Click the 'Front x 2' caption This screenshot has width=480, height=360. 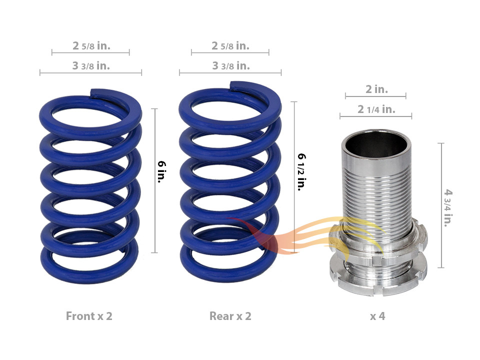pos(89,316)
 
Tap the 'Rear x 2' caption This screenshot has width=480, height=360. pos(230,316)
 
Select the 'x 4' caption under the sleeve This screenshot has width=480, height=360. pos(377,316)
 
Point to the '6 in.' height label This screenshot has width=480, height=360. pos(161,171)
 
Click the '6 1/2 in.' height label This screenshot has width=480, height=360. pos(302,172)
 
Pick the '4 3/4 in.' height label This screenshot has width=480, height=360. pos(448,208)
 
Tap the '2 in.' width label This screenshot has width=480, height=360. pos(376,89)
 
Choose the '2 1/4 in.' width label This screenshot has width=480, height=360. pos(376,109)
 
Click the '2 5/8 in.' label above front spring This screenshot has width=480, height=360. pos(91,46)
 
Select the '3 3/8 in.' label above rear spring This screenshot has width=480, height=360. pos(231,66)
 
